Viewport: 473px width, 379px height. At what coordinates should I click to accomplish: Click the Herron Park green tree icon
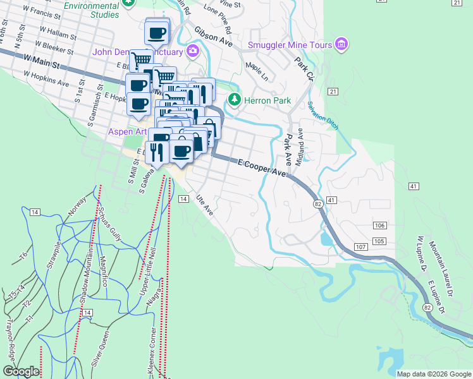pyautogui.click(x=235, y=100)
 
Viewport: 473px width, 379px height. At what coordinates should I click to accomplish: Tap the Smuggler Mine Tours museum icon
pyautogui.click(x=342, y=44)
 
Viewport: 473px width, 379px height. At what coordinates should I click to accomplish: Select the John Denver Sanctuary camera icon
pyautogui.click(x=192, y=51)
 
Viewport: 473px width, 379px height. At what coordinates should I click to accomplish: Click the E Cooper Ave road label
pyautogui.click(x=263, y=167)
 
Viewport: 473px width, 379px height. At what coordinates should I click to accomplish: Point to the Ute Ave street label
pyautogui.click(x=204, y=205)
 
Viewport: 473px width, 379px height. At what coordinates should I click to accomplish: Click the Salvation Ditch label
pyautogui.click(x=323, y=116)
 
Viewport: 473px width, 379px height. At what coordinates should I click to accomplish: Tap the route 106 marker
pyautogui.click(x=379, y=226)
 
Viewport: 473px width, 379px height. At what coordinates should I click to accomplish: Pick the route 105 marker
pyautogui.click(x=379, y=242)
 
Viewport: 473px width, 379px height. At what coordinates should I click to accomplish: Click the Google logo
pyautogui.click(x=21, y=371)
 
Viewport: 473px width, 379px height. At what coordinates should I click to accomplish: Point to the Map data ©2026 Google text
pyautogui.click(x=434, y=374)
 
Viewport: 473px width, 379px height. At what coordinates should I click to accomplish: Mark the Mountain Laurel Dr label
pyautogui.click(x=440, y=267)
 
